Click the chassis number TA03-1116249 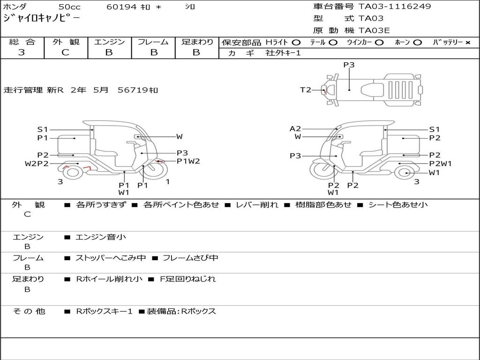pos(395,7)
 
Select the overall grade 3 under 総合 pos(22,52)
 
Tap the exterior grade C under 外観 pos(66,52)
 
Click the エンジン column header pos(109,42)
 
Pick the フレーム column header pos(153,42)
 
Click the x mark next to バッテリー pos(468,43)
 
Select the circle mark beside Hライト pos(296,43)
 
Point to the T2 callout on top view pos(306,90)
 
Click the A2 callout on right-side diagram pos(295,129)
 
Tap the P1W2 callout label pos(188,161)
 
